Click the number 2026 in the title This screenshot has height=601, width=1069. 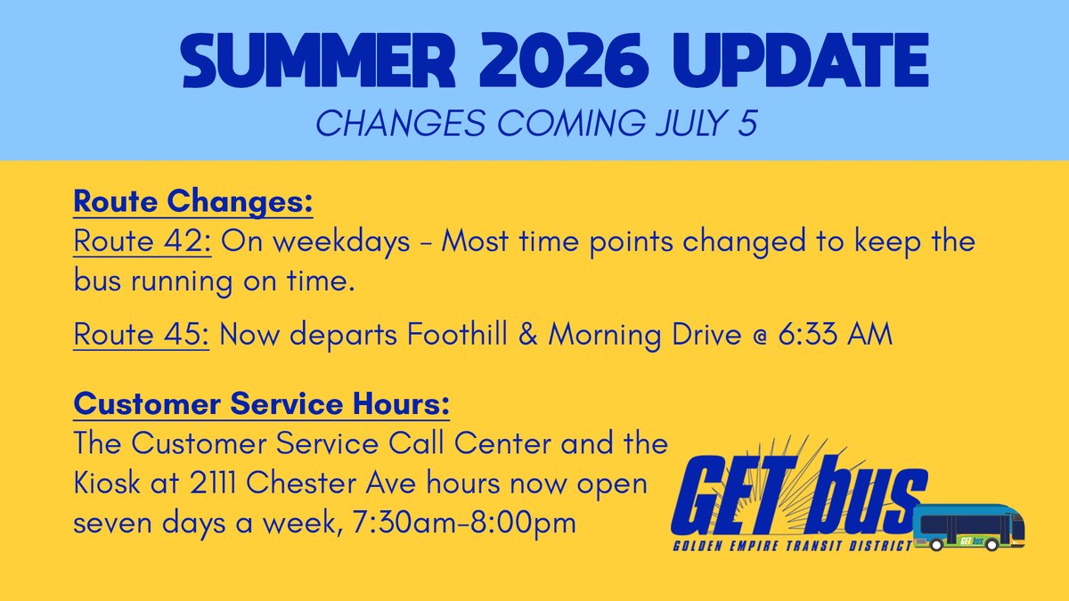coord(564,61)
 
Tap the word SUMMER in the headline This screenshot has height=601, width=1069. coord(318,61)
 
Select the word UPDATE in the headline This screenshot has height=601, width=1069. coord(801,61)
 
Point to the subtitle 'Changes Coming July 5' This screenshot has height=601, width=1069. coord(536,123)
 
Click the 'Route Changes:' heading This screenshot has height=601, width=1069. coord(193,202)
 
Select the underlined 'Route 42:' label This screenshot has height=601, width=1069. coord(143,240)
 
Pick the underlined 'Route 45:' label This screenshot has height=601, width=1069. coord(142,334)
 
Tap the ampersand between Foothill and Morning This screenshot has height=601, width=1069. coord(527,334)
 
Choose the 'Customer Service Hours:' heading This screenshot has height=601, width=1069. coord(262,404)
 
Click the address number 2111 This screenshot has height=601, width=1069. coord(212,483)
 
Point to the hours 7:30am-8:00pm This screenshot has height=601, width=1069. coord(464,523)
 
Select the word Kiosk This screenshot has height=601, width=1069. coord(107,483)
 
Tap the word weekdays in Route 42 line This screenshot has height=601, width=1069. coord(342,240)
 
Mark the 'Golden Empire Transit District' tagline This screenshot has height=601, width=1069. coord(792,546)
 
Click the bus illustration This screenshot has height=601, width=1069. coord(969,527)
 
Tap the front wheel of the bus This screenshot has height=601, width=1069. coord(992,544)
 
